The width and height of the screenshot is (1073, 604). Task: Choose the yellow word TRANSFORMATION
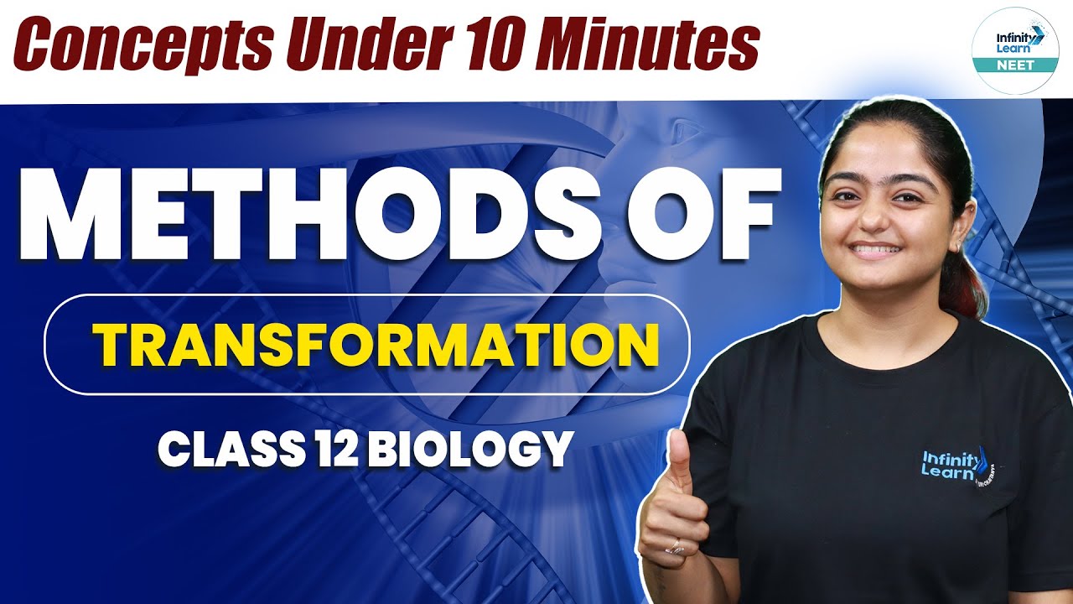coord(375,345)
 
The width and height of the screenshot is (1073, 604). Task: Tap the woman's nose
coord(874,214)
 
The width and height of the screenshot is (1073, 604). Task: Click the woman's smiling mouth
coord(877,252)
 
